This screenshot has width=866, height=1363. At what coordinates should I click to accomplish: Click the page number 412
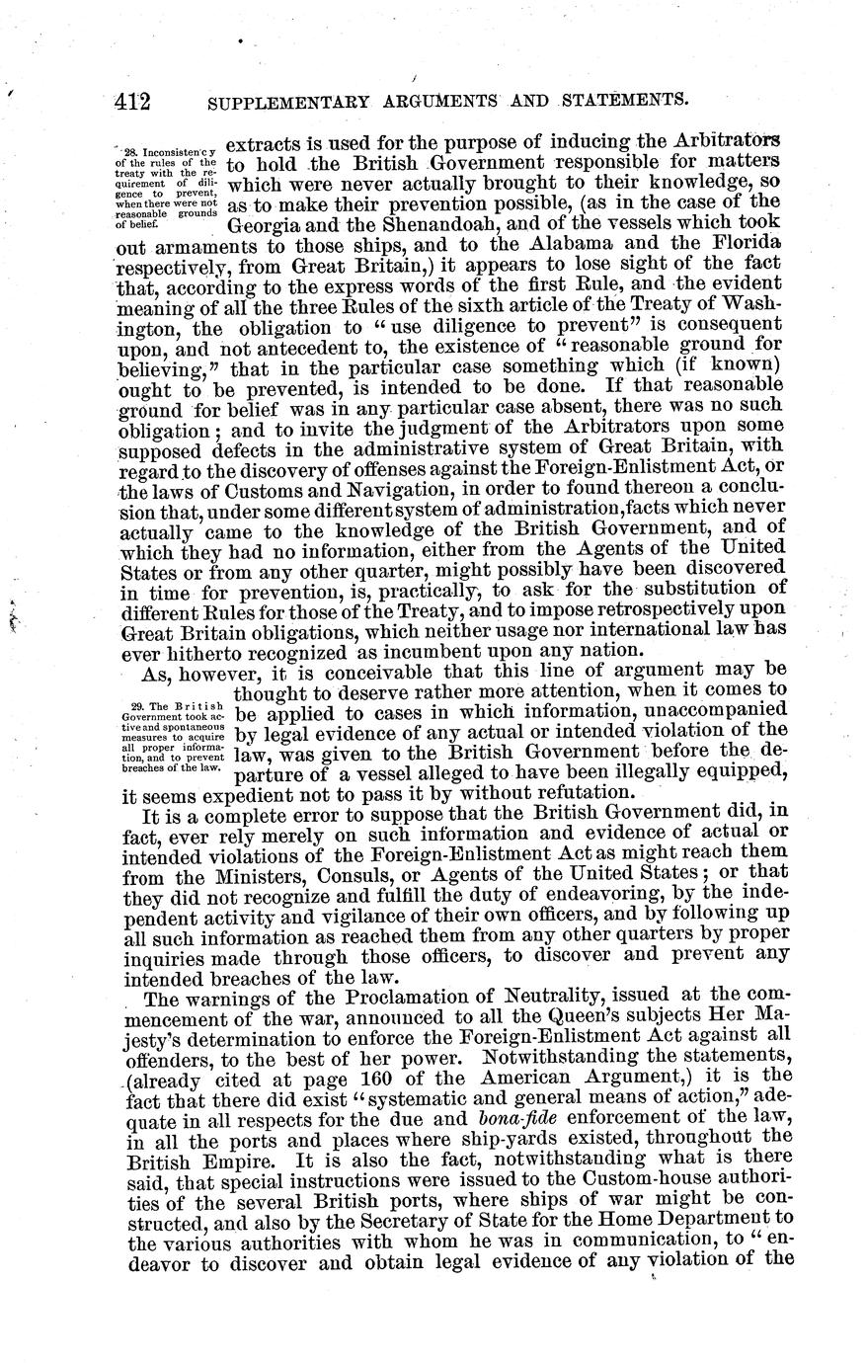pyautogui.click(x=130, y=99)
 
